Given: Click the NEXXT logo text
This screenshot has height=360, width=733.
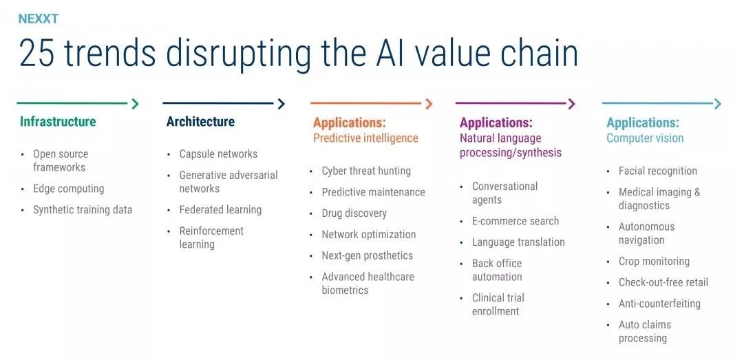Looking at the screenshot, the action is [x=39, y=19].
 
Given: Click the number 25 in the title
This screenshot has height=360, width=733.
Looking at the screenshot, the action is [x=36, y=53].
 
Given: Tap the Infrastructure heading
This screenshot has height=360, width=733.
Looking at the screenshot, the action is [x=58, y=122].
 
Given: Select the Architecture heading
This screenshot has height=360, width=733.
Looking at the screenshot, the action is [x=200, y=122].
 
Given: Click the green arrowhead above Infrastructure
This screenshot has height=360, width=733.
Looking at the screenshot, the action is [x=135, y=104].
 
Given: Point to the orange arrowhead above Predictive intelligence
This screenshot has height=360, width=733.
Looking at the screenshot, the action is [x=429, y=104].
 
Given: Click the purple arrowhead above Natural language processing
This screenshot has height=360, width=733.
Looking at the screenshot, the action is [x=571, y=104].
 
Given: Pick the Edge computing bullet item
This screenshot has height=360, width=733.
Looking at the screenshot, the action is [x=68, y=189].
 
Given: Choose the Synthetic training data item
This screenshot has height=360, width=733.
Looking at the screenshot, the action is [x=83, y=210].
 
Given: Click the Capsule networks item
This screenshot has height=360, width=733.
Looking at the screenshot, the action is [x=218, y=153].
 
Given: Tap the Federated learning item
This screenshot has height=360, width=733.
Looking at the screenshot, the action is [x=220, y=210].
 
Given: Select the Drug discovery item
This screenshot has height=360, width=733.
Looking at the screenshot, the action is [x=354, y=213].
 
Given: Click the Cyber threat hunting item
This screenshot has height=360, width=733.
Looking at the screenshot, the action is [x=366, y=171].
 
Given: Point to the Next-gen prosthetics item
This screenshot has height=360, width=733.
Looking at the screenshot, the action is [x=367, y=256].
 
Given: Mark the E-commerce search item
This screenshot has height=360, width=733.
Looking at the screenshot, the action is [x=515, y=221].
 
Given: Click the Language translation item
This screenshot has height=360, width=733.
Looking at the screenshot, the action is [x=518, y=242].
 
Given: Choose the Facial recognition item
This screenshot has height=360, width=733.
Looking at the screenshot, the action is [x=658, y=171].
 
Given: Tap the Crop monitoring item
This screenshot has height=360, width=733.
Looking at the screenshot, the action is [x=654, y=262].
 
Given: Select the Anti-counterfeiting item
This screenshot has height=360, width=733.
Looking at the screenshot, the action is [x=659, y=304].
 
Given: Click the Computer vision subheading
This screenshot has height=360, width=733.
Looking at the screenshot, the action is [x=645, y=138].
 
